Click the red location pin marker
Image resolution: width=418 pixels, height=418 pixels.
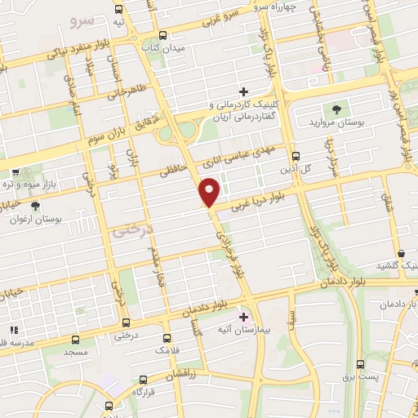tap(211, 192)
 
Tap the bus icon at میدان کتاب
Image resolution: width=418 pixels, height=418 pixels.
tap(162, 35)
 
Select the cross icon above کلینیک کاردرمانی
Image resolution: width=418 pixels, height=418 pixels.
tap(243, 91)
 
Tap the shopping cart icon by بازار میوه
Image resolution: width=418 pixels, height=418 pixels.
tap(16, 172)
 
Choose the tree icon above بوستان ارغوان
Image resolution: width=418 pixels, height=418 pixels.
tap(33, 205)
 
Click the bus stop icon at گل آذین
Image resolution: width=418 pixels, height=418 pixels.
tap(295, 154)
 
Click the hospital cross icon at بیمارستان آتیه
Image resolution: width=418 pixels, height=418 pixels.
tap(242, 314)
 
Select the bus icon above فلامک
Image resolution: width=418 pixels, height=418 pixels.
tap(167, 337)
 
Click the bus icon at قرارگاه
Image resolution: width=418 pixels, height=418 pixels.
tap(143, 380)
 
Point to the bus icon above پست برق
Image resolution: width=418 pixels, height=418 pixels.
tap(360, 363)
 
